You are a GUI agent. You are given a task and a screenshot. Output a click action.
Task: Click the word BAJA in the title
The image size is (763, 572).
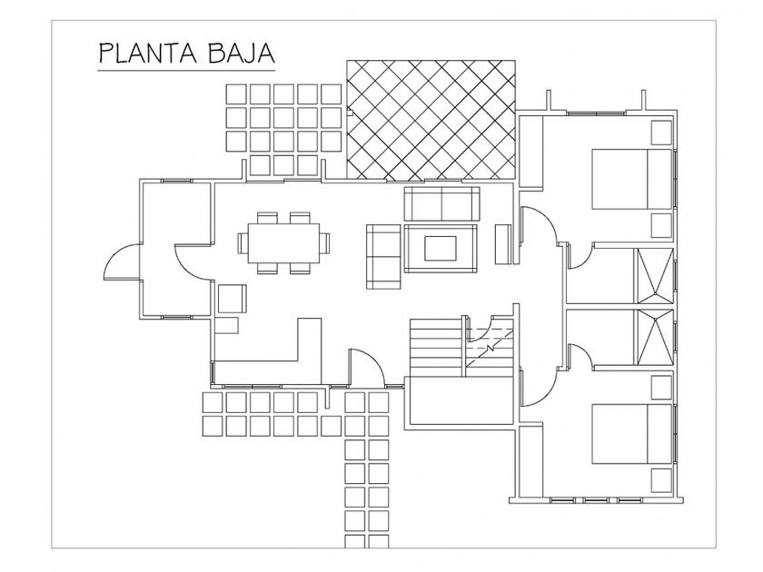click(x=242, y=53)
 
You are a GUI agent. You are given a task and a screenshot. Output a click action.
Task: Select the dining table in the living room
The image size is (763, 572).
click(x=283, y=242)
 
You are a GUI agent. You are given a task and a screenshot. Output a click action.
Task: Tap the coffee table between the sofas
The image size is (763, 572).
click(x=441, y=248)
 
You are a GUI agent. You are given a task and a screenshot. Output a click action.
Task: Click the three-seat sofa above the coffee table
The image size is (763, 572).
click(x=441, y=204)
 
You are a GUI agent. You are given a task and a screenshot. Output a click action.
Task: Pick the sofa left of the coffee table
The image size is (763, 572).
click(x=383, y=256)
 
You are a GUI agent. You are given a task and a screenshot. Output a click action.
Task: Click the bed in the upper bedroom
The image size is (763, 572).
click(x=631, y=179)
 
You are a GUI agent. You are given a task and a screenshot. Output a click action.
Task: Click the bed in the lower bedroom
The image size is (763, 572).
click(x=631, y=434)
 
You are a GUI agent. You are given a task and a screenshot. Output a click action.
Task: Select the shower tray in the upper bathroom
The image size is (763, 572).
click(x=655, y=276)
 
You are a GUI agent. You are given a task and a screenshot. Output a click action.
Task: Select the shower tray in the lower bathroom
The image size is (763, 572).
click(x=655, y=337)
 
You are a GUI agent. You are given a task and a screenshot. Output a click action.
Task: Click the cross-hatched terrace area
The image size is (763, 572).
click(x=431, y=120)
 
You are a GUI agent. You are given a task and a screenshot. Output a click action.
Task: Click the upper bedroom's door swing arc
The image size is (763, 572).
click(x=549, y=217)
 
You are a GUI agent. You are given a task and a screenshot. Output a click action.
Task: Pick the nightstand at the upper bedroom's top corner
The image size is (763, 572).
click(x=662, y=133)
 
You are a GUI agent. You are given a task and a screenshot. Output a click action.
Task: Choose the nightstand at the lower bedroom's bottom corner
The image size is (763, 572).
click(x=662, y=480)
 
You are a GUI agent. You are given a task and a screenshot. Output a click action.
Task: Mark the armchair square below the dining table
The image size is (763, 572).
click(x=233, y=299)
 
